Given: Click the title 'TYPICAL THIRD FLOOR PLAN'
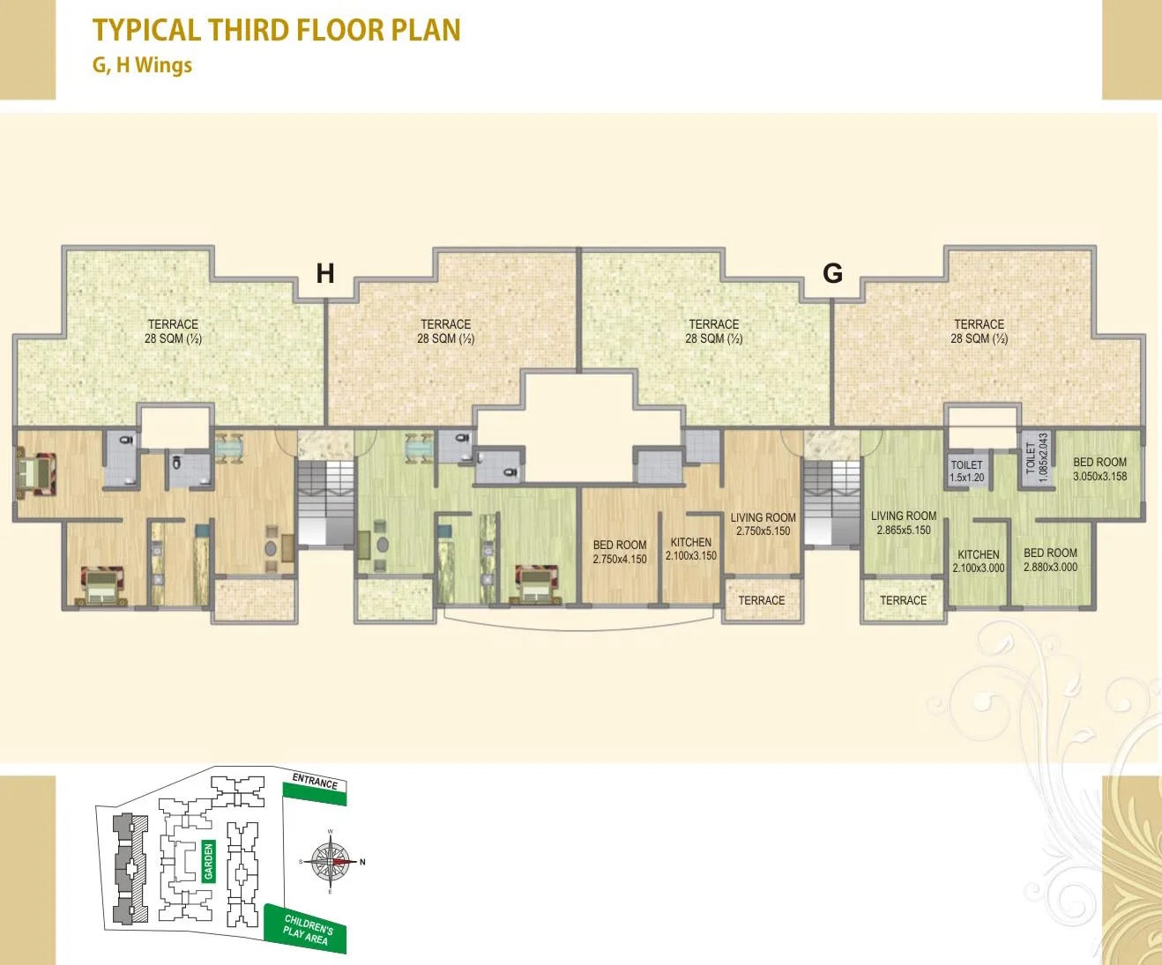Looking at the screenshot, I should coord(276,30).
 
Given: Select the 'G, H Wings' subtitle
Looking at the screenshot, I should coord(142,65).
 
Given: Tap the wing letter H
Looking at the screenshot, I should coord(325,274).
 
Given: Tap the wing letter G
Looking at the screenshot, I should coord(832,273).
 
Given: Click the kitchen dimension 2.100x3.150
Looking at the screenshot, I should coord(691,556).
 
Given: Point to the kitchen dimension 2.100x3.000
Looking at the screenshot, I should coord(978,568).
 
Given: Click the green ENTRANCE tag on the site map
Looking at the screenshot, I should coord(315,786).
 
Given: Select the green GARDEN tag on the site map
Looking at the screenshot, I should coord(209,861).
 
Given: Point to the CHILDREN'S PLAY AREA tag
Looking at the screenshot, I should coord(306,929).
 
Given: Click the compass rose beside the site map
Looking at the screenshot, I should coord(331,862).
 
